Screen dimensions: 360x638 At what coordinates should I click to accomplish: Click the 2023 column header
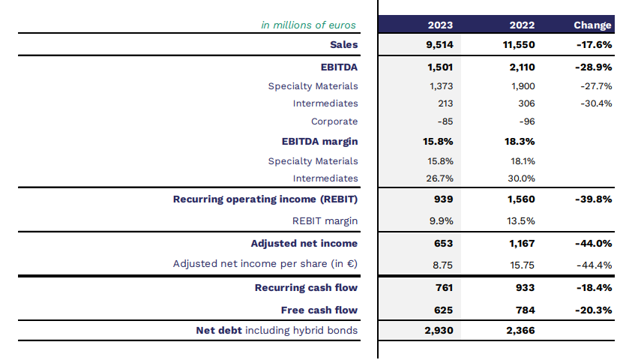coord(440,25)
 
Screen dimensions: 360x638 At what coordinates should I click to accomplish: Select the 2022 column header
coord(522,25)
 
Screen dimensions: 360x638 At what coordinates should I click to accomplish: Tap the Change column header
coord(592,25)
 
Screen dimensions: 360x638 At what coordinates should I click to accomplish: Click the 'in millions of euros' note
coord(308,25)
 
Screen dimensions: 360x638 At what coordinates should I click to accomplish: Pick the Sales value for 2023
coord(439,44)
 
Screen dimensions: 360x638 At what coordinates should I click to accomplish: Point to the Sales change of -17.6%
coord(594,44)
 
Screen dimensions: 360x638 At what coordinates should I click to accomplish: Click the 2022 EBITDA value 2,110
coord(522,67)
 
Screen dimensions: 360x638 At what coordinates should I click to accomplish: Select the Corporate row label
coord(334,121)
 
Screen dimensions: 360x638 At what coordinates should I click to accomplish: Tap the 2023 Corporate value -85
coord(445,121)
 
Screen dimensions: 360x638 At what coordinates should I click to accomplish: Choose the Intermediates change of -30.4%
coord(596,103)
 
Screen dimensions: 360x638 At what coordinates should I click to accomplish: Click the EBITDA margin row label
coord(319,141)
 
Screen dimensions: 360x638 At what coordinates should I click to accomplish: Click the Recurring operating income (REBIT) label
coord(265,199)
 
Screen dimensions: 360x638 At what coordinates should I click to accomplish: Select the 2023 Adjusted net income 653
coord(444,243)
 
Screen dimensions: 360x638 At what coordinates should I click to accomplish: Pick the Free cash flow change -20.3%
coord(594,310)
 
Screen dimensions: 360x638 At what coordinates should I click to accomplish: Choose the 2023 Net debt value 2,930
coord(439,330)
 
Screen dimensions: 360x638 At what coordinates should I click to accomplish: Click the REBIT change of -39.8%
coord(594,199)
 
